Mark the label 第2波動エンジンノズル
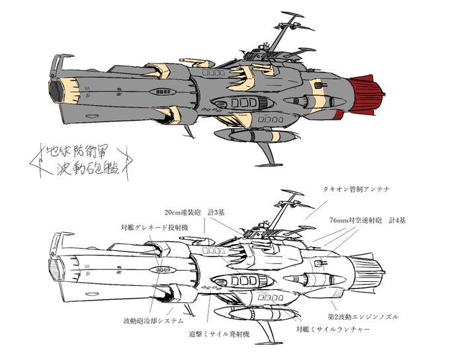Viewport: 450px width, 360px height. click(363, 317)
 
